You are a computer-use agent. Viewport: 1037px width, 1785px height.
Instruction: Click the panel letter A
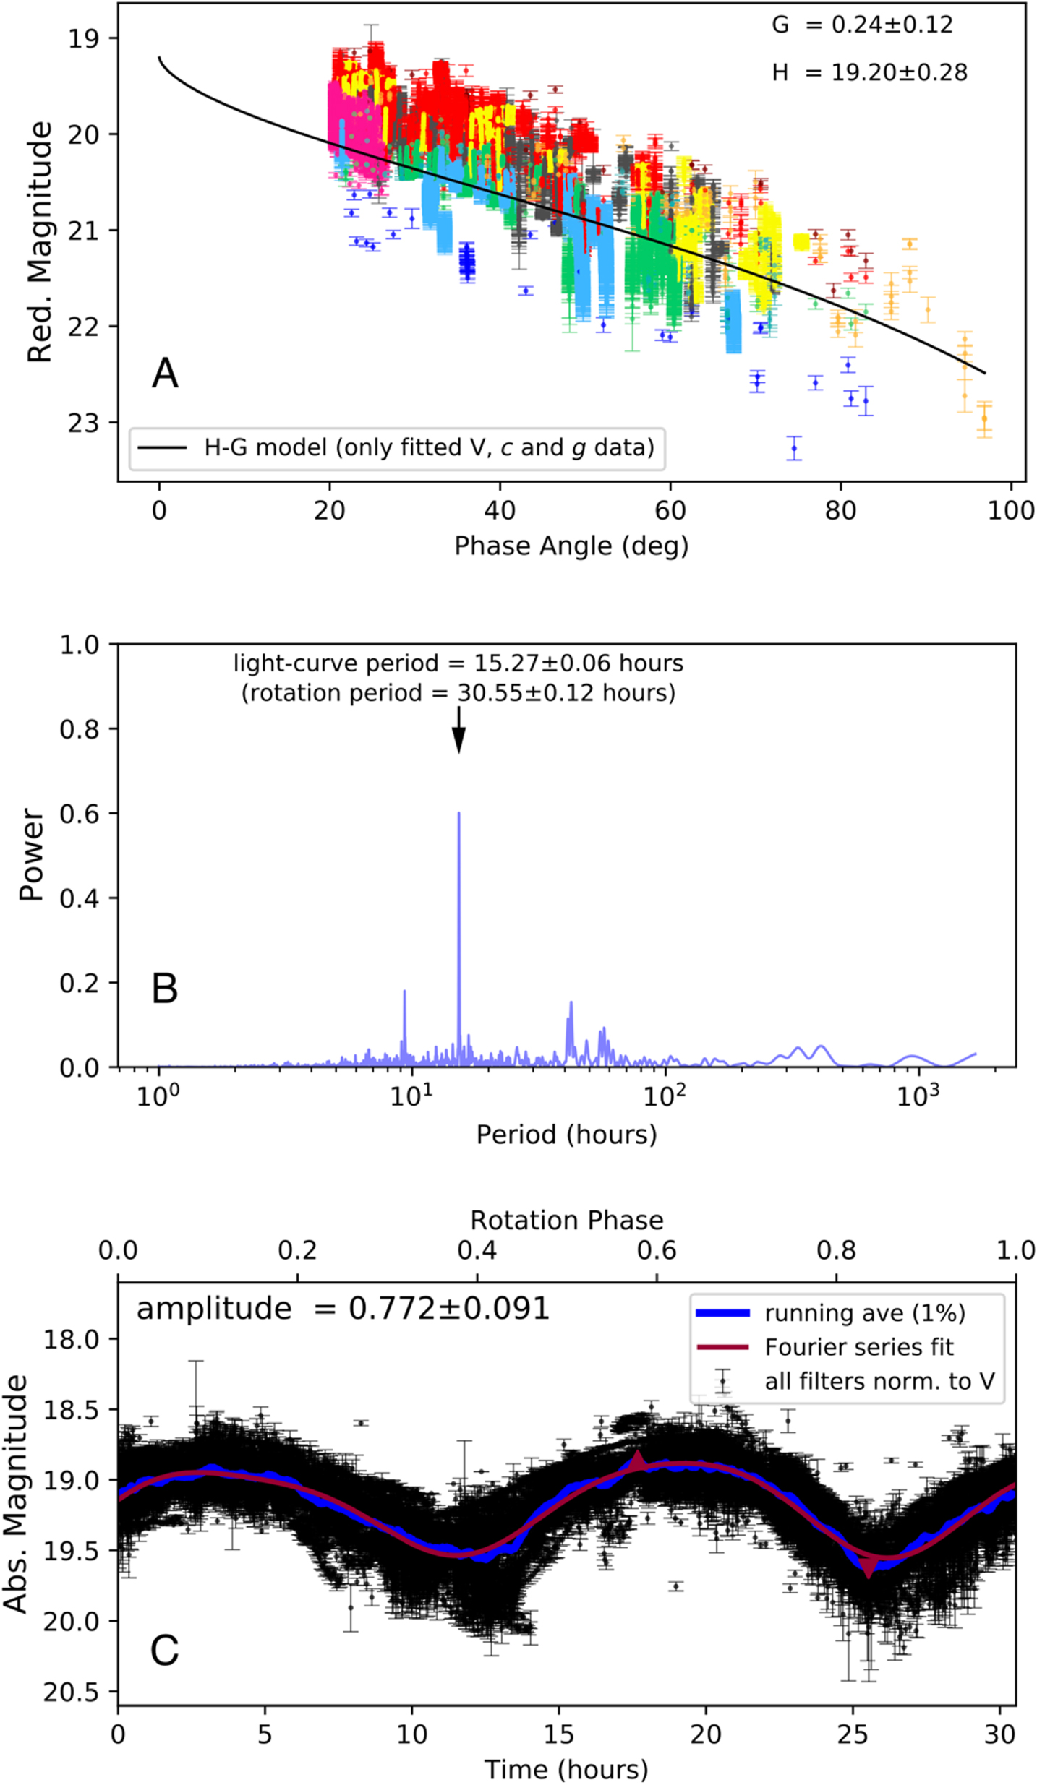click(165, 374)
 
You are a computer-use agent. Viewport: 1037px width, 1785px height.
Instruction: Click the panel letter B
click(165, 988)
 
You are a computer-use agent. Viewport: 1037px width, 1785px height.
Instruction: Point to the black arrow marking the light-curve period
click(458, 731)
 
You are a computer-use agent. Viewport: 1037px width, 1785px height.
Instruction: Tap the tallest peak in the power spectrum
click(458, 814)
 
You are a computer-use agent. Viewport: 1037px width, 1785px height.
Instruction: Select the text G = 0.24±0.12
click(862, 25)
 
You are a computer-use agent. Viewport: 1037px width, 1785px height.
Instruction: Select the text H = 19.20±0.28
click(869, 72)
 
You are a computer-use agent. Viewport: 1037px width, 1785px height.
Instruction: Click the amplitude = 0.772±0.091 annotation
click(343, 1309)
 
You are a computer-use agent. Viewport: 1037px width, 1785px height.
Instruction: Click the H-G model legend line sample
click(162, 448)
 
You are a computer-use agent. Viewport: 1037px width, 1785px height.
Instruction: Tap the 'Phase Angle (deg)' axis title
click(571, 546)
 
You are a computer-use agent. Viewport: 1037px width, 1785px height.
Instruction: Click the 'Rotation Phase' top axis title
click(567, 1220)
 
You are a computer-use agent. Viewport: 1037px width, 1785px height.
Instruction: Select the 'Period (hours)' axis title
click(567, 1135)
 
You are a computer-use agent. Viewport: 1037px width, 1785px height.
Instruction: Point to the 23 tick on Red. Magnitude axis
click(83, 423)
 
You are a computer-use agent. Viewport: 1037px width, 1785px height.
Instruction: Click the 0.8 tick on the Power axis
click(79, 729)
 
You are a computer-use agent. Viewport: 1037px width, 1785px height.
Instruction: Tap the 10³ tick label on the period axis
click(918, 1096)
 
